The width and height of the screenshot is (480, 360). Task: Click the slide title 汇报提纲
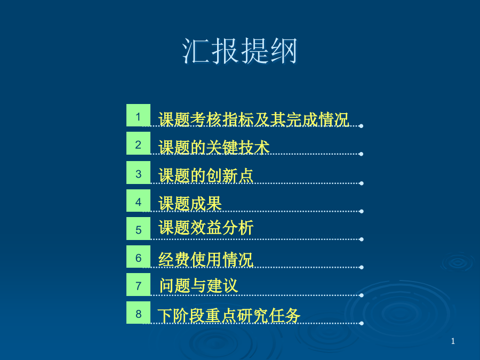pos(239,51)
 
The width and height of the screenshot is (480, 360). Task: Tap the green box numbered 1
pos(138,115)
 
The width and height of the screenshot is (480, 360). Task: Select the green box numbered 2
pos(138,143)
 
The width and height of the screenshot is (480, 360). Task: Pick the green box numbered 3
pos(138,172)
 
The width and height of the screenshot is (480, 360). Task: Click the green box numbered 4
pos(138,201)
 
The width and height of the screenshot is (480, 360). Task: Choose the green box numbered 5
pos(138,228)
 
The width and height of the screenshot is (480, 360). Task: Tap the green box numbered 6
pos(138,257)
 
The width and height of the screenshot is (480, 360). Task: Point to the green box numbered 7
pos(138,284)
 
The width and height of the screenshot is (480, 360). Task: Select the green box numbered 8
pos(138,313)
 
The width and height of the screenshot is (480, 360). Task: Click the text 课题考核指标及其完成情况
pos(254,119)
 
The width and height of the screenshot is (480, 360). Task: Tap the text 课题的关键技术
pos(214,147)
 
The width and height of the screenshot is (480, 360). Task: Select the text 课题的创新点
pos(206,175)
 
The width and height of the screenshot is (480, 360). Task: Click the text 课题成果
pos(190,204)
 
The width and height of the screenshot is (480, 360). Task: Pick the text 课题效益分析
pos(206,228)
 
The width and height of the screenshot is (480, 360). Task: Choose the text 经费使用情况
pos(206,260)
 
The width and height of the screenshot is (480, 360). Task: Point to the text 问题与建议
pos(198,286)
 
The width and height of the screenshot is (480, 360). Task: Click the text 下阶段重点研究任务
pos(229,316)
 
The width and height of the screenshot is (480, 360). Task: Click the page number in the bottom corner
pos(453,341)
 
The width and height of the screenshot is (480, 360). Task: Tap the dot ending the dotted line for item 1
pos(361,126)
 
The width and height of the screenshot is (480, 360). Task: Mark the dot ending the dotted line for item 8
pos(362,323)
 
